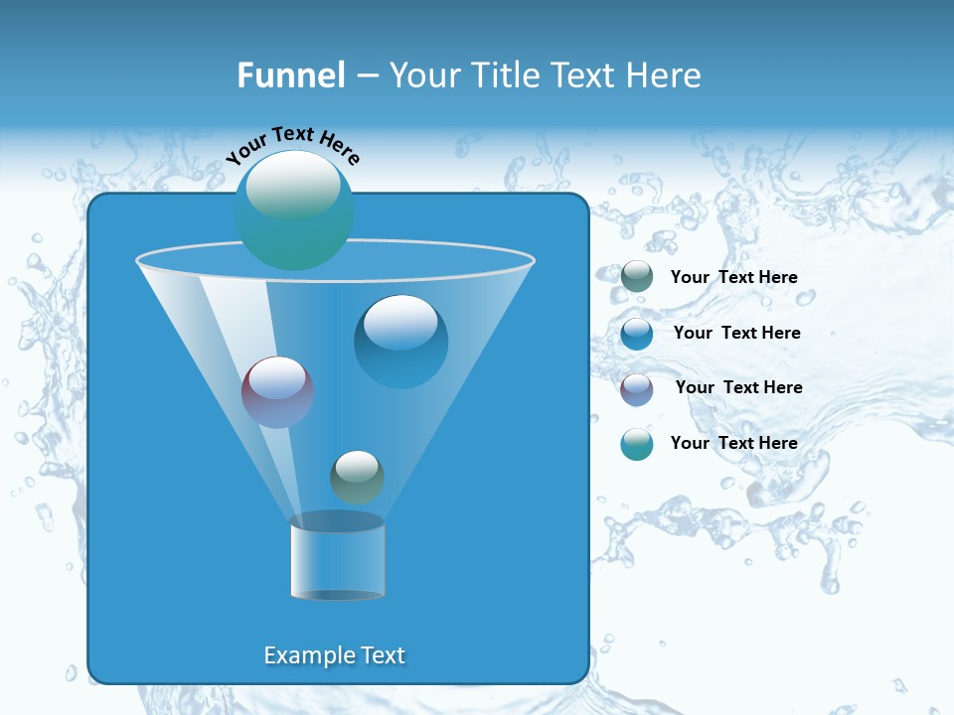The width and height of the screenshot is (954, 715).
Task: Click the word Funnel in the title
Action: (290, 75)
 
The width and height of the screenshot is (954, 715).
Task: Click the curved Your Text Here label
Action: (292, 145)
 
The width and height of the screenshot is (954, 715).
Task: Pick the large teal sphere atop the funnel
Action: (294, 210)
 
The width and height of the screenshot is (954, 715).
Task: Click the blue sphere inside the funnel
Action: (400, 341)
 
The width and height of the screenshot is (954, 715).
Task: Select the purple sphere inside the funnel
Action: (277, 391)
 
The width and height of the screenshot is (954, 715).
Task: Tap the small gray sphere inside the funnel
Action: (357, 477)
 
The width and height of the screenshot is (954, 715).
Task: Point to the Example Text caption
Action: (335, 655)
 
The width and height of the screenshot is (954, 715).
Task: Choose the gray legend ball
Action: (637, 277)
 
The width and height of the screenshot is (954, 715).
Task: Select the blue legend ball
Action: (637, 333)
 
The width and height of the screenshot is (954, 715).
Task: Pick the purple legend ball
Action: (637, 388)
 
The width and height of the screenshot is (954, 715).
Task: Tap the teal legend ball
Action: (637, 444)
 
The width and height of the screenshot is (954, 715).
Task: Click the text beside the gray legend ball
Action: (734, 278)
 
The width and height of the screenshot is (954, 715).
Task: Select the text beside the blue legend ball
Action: (736, 333)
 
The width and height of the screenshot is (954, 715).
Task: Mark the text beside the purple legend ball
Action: (738, 387)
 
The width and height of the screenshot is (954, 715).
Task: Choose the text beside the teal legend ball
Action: (734, 443)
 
